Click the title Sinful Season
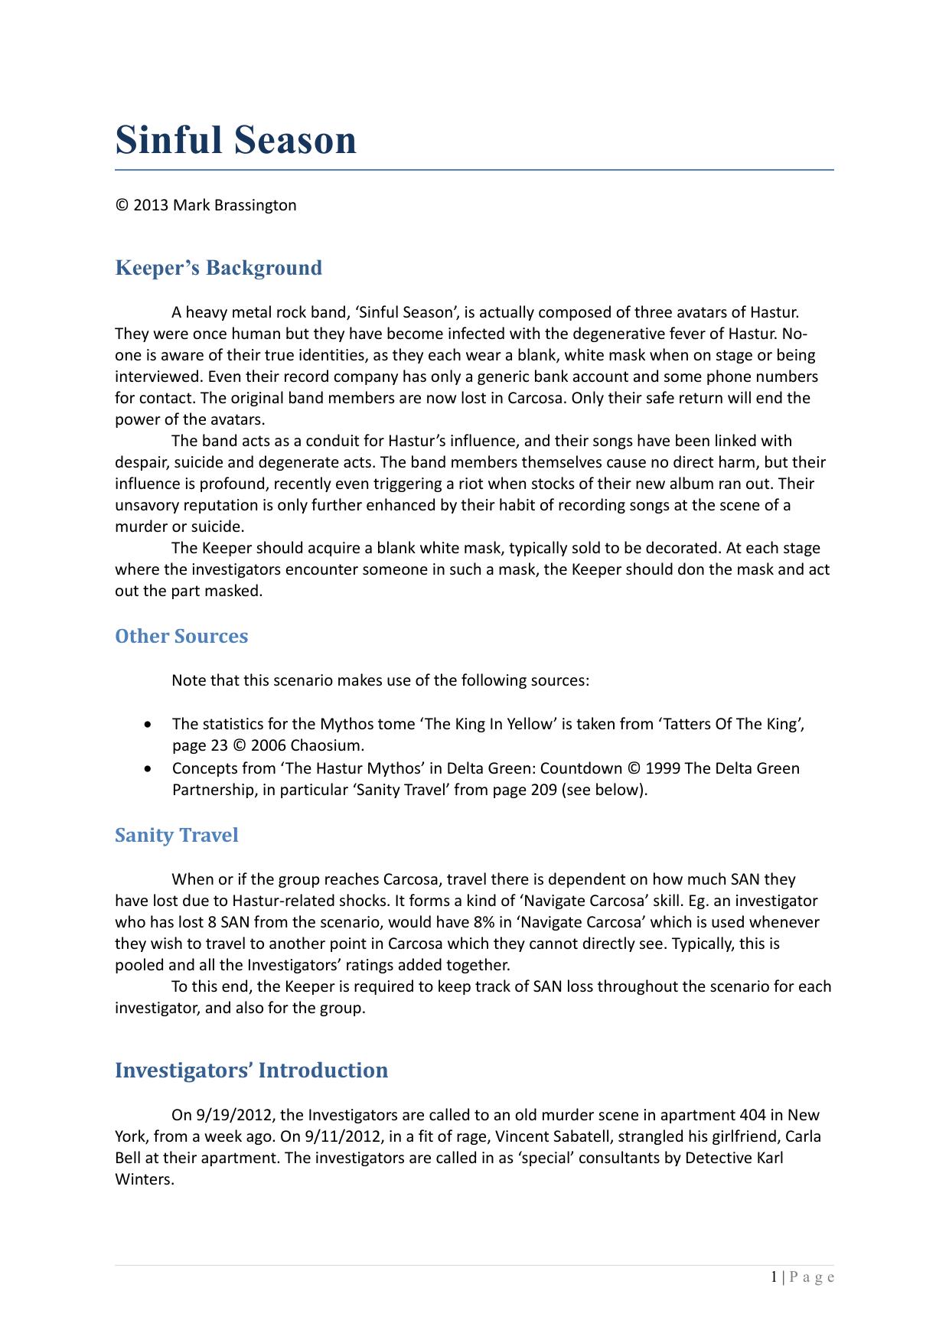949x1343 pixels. (x=236, y=140)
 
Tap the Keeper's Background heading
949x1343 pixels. (x=218, y=268)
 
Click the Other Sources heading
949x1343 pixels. (x=181, y=636)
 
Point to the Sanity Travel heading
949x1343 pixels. (x=176, y=835)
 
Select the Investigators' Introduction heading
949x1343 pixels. (x=251, y=1070)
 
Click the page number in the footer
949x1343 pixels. (x=775, y=1276)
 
